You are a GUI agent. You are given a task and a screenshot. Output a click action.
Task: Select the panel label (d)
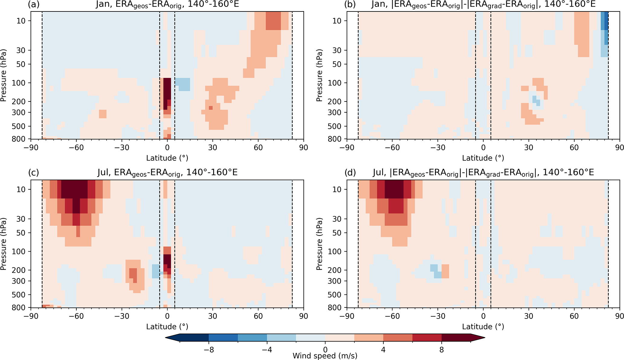click(x=350, y=172)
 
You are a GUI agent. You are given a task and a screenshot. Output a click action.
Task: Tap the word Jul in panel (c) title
click(x=103, y=172)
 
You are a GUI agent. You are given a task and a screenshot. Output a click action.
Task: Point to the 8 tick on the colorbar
click(x=441, y=350)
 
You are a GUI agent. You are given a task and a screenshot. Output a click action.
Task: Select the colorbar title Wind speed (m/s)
click(x=325, y=356)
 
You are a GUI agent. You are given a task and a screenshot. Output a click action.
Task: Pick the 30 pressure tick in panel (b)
click(x=337, y=50)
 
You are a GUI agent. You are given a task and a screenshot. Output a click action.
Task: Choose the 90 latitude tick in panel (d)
click(x=619, y=316)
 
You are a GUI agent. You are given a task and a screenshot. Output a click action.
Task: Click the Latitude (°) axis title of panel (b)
click(x=483, y=158)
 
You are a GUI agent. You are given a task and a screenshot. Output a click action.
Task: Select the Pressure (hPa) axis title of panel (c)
click(x=4, y=244)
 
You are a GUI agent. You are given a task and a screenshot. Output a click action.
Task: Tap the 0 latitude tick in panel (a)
click(x=167, y=147)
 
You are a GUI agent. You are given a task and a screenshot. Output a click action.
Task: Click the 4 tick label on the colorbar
click(x=383, y=350)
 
